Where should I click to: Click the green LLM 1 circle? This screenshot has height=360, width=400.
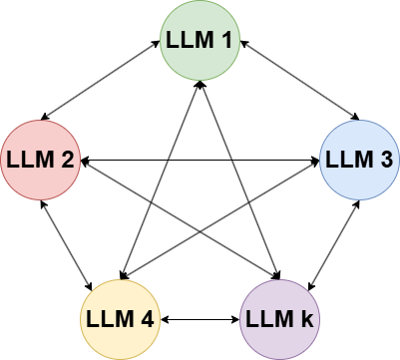point(200,40)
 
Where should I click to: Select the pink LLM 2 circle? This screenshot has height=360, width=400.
point(40,160)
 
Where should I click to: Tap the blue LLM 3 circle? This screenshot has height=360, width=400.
point(359,160)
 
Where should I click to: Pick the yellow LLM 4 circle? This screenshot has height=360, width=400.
point(120,319)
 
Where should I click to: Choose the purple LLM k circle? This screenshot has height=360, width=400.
point(279,319)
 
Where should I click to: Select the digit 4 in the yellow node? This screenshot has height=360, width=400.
point(149,320)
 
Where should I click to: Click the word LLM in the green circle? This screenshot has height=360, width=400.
point(190,41)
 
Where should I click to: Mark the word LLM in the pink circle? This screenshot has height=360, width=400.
point(29,161)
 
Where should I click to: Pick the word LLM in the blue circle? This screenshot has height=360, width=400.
point(348,161)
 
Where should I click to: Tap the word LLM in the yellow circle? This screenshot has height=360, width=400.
point(109,320)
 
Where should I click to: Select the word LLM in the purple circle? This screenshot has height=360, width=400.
point(268,320)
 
